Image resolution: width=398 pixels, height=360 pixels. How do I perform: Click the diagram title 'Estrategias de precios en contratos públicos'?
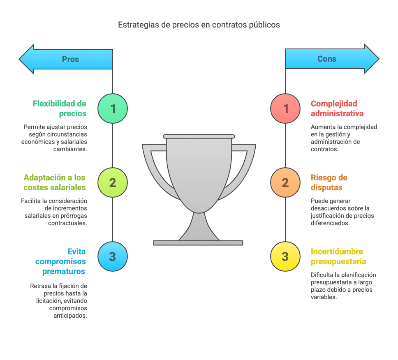(199, 25)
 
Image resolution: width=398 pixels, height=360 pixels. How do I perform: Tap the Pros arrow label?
(70, 59)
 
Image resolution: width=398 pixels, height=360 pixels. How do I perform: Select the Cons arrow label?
(327, 59)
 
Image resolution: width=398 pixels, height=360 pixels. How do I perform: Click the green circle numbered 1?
(113, 108)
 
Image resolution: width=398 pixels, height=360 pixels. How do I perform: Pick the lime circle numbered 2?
(113, 182)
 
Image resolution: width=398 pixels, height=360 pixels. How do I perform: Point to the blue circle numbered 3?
(113, 256)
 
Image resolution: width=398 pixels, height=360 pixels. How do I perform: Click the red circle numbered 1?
(285, 108)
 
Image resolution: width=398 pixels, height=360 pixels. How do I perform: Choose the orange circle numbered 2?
(285, 182)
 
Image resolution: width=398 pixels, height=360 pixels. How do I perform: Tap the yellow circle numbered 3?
(285, 256)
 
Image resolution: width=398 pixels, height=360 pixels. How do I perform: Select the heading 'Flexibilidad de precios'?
(60, 108)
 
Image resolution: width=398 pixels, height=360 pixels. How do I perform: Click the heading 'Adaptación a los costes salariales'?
(55, 182)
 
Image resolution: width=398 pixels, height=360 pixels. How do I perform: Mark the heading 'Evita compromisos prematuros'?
(61, 261)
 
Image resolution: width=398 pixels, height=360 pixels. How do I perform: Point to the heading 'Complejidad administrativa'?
(337, 108)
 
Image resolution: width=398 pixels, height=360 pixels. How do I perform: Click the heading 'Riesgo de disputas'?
(329, 182)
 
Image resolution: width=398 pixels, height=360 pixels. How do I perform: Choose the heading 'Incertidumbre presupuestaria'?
(338, 256)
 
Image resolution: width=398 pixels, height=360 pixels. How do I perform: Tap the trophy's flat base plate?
(198, 243)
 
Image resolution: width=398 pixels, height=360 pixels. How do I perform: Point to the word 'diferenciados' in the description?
(330, 223)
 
